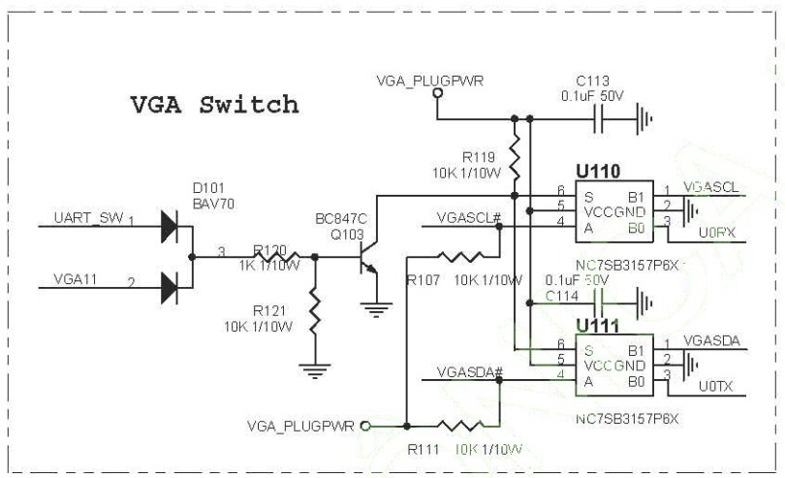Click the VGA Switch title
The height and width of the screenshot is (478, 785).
[x=214, y=105]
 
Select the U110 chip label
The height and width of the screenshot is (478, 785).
[x=597, y=172]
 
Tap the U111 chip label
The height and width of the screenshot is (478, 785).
[x=597, y=326]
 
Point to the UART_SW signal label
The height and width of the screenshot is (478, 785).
[x=88, y=219]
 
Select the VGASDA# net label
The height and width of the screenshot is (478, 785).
[x=469, y=372]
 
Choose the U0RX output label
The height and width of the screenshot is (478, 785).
[x=717, y=233]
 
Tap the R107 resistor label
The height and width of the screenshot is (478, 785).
[x=424, y=280]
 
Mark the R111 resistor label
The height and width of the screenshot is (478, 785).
[x=424, y=449]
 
